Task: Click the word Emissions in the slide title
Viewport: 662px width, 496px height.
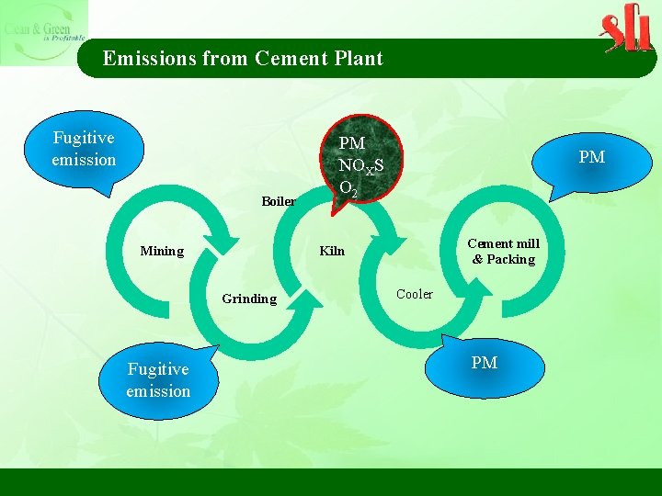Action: coord(149,59)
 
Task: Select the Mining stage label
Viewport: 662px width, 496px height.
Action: coord(161,251)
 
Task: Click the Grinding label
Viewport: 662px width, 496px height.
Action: coord(249,299)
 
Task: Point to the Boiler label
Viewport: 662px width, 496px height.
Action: coord(278,201)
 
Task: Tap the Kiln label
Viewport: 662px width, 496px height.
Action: coord(332,251)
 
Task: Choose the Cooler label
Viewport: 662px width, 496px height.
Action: coord(414,294)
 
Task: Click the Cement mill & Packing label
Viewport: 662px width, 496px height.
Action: coord(504,251)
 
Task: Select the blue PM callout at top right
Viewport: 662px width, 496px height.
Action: coord(591,158)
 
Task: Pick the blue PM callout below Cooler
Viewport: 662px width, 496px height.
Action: coord(485,364)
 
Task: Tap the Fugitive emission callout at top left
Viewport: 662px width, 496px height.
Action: coord(84,149)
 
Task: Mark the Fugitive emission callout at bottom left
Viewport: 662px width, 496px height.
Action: coord(158,380)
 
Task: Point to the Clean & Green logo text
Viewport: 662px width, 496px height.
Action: coord(42,31)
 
